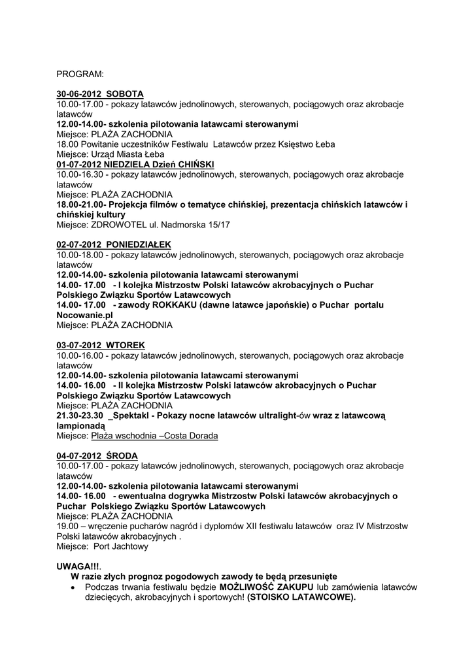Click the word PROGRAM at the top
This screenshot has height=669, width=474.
80,74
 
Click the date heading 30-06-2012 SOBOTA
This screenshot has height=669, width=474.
100,94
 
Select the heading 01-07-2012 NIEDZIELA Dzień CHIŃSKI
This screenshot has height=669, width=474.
136,164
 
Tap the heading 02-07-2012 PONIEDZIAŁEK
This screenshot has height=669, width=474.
114,244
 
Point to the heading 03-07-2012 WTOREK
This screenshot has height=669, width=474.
101,345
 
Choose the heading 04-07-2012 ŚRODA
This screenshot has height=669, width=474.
97,455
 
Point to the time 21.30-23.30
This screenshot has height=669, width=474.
80,416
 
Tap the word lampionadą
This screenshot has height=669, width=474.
81,425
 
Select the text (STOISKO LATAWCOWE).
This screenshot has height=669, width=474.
301,596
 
